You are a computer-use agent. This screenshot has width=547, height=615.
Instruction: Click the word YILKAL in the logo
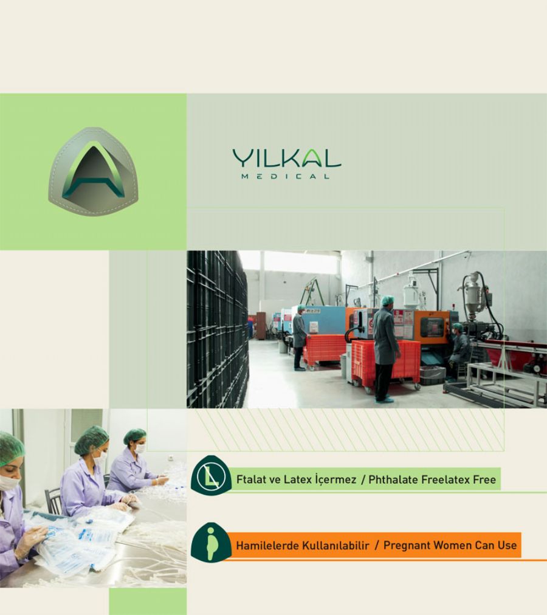(286, 158)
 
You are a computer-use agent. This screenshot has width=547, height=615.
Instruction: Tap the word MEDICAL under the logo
(285, 176)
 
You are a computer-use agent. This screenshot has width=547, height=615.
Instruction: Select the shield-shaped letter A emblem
(94, 171)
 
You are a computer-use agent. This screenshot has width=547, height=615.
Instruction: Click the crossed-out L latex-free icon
(211, 476)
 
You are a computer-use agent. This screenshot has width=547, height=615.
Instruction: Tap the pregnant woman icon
(211, 543)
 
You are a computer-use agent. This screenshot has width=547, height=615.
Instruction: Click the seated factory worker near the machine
(459, 351)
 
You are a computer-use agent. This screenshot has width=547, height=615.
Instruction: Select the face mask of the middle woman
(100, 458)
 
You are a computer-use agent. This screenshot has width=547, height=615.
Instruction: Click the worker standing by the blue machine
(300, 337)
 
